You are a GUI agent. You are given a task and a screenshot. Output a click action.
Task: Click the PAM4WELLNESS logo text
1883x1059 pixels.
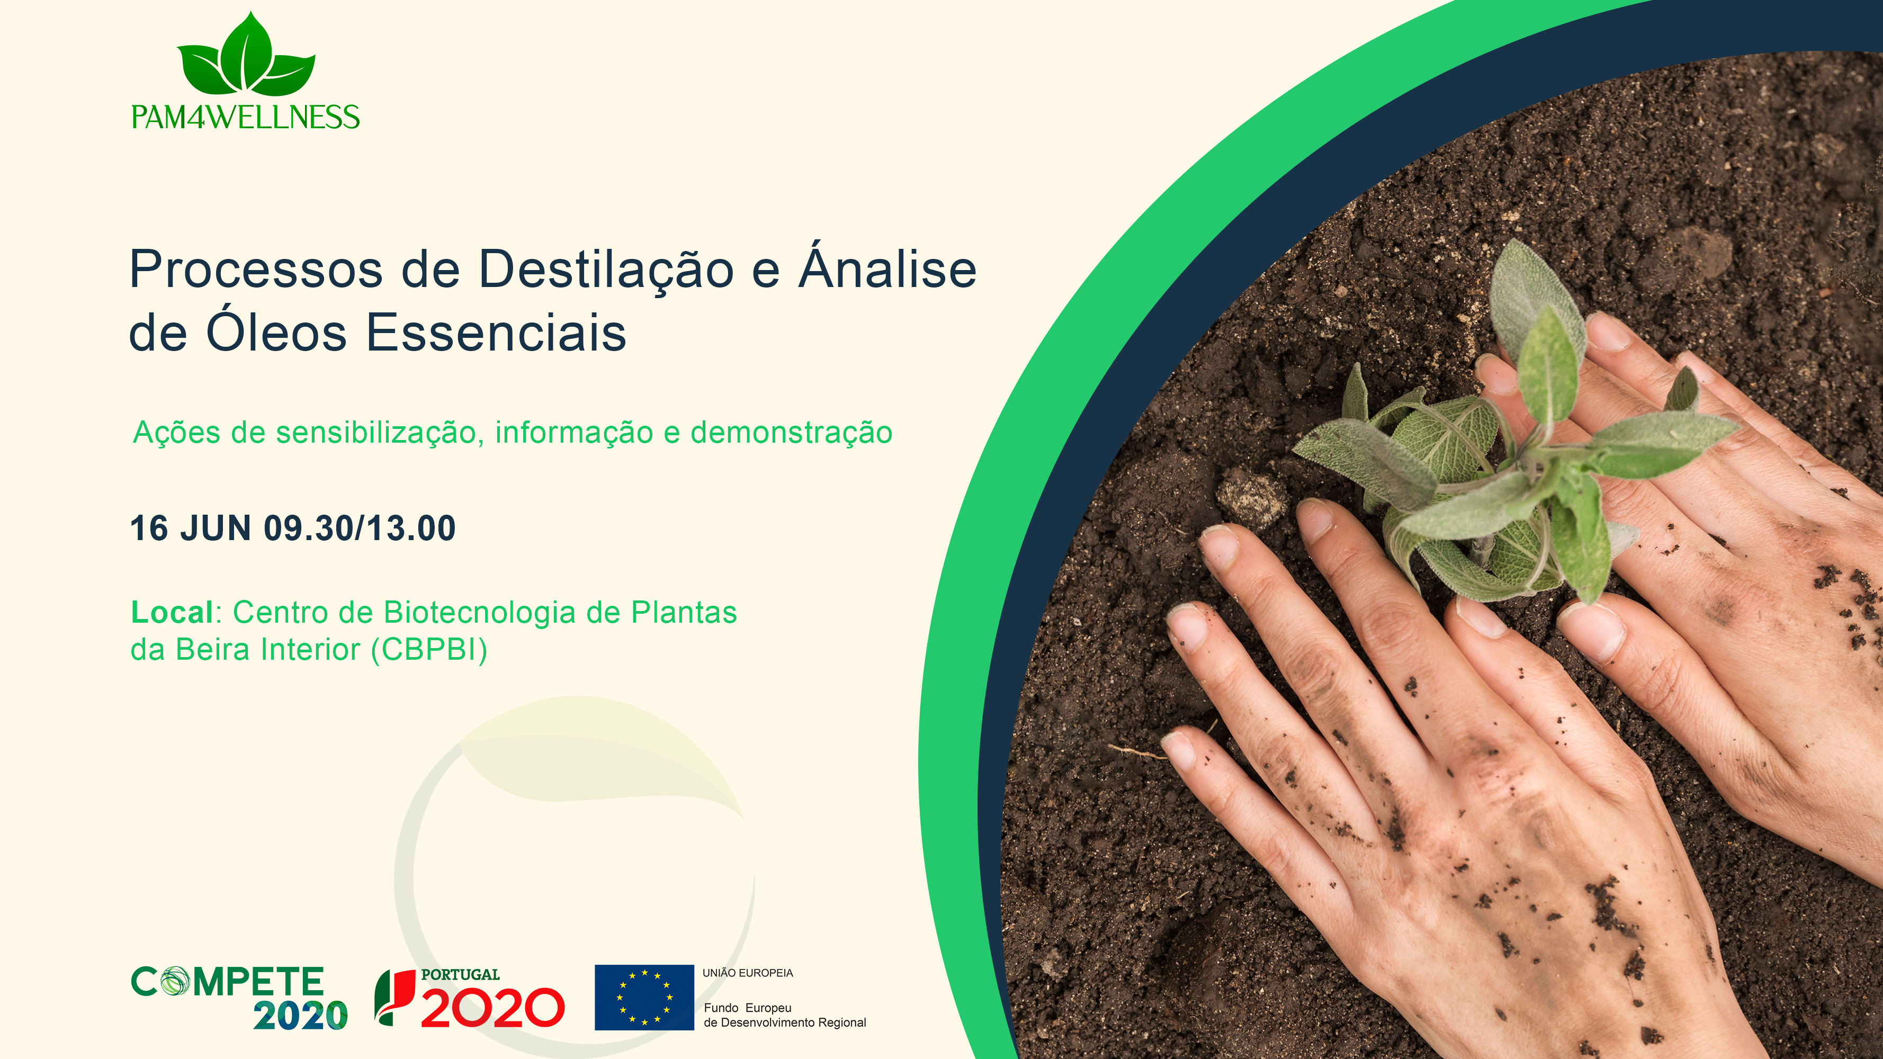246,117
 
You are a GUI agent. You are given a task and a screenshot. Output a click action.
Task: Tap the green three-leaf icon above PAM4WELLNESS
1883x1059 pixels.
246,54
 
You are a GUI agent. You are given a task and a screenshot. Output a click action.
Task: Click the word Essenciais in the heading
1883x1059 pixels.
496,333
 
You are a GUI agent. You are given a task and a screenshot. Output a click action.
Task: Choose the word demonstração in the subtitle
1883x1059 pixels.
792,433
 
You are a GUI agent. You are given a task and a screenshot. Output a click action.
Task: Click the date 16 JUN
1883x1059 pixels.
191,528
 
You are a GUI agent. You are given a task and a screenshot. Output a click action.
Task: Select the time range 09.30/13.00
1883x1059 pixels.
360,528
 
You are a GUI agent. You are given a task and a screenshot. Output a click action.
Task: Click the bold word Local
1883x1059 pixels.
172,613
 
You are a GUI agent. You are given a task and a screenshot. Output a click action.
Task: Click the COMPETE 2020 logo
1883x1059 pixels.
239,998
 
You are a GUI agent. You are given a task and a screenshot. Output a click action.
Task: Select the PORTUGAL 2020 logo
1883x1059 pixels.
469,998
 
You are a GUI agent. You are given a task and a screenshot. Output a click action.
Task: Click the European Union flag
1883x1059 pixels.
644,997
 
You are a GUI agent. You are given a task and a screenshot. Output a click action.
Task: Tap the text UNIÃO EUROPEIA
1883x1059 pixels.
748,973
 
